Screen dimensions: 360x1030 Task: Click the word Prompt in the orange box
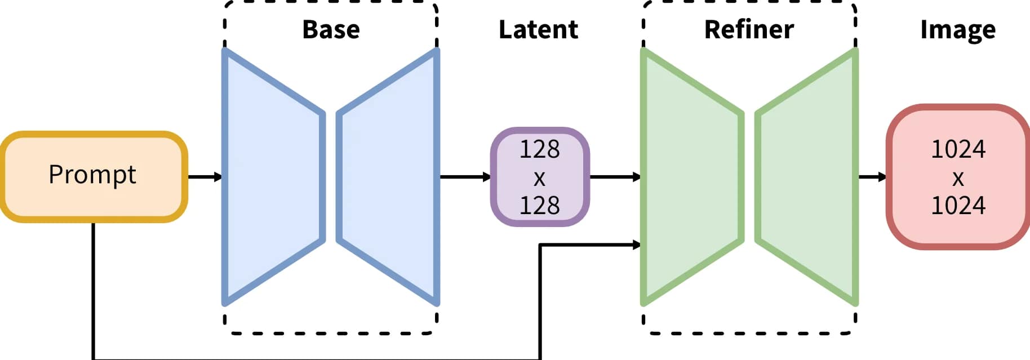[92, 175]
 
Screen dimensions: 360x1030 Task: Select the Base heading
[331, 29]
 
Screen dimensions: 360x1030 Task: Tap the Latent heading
[538, 29]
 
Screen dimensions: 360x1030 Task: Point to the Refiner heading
[749, 29]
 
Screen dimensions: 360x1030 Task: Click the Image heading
[957, 29]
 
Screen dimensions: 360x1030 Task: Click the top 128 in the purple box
[539, 149]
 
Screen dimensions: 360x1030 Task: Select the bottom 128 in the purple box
[539, 205]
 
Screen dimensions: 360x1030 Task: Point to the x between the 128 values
[539, 179]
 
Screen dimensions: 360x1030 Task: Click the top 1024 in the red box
[958, 149]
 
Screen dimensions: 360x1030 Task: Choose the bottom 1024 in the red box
[958, 205]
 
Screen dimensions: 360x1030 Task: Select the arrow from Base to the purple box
[465, 177]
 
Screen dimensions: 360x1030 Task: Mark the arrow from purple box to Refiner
[615, 177]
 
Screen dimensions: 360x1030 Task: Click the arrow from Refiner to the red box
[872, 177]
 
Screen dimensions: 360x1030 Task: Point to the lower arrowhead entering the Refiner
[637, 245]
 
